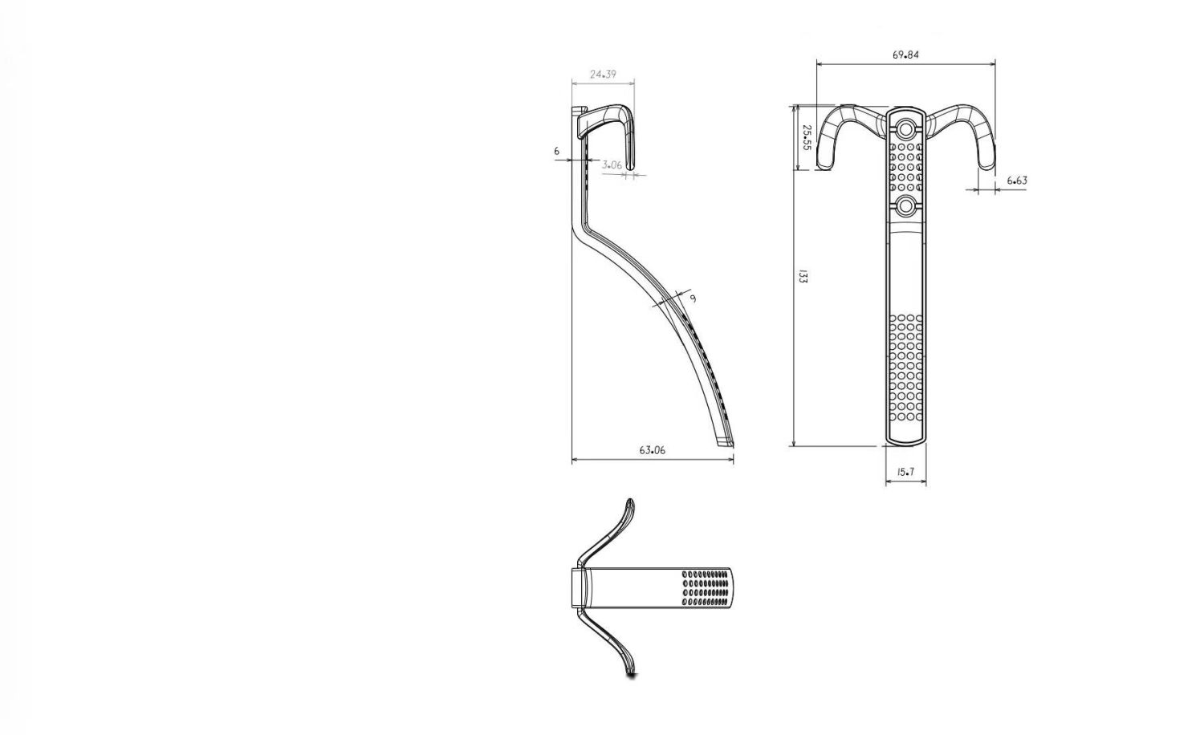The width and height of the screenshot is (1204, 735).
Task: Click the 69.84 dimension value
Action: (905, 55)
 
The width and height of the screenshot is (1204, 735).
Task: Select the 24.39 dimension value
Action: (603, 75)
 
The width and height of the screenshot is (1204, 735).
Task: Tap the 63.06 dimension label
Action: (652, 450)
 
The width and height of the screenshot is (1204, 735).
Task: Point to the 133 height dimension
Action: (803, 277)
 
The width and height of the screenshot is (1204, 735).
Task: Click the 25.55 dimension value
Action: (806, 137)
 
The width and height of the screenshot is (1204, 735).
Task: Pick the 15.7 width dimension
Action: (905, 473)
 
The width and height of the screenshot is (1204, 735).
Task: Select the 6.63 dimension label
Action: (1017, 181)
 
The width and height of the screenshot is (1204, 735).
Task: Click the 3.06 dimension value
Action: (612, 165)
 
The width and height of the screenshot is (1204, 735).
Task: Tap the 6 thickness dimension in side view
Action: (557, 152)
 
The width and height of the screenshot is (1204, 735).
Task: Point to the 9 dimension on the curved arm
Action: (693, 299)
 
